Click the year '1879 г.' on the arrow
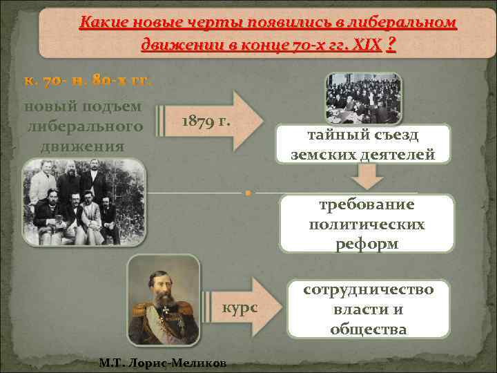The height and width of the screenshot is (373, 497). tap(205, 122)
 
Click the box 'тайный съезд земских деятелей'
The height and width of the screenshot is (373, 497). tap(363, 144)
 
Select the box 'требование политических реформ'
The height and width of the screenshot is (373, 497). tap(367, 224)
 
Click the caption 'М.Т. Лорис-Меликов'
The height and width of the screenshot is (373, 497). tap(163, 363)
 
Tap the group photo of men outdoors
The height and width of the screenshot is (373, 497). tap(84, 203)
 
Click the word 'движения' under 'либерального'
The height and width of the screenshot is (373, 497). tap(84, 146)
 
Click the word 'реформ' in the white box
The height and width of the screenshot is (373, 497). tap(367, 244)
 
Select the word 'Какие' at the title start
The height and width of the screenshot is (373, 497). tap(101, 23)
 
